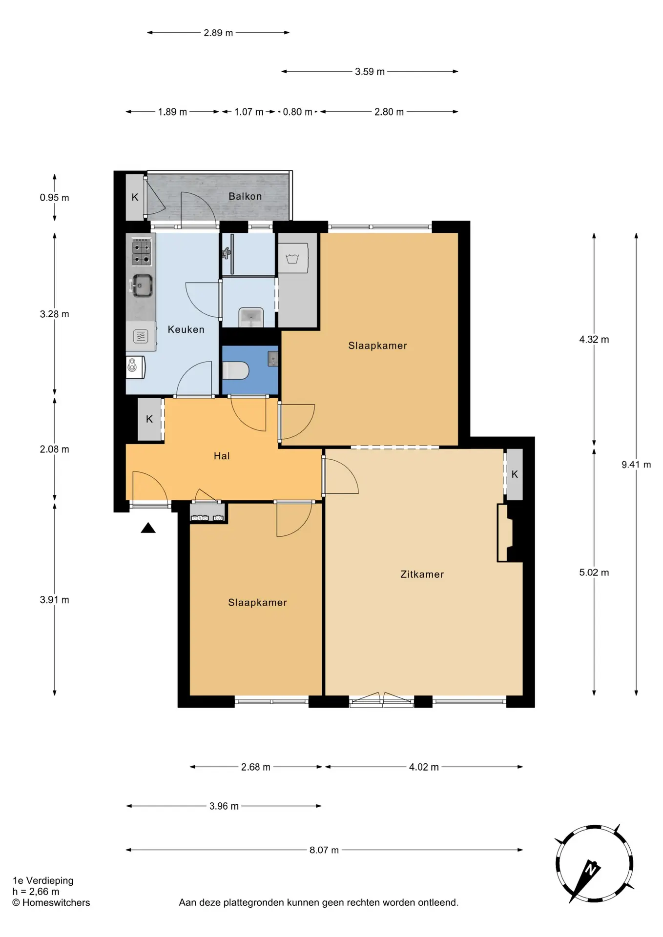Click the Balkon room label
pyautogui.click(x=245, y=196)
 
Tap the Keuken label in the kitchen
pyautogui.click(x=186, y=329)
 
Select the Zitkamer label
pyautogui.click(x=422, y=574)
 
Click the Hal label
pyautogui.click(x=222, y=456)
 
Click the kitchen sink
pyautogui.click(x=142, y=285)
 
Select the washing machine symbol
pyautogui.click(x=292, y=258)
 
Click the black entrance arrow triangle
pyautogui.click(x=148, y=528)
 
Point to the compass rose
pyautogui.click(x=594, y=864)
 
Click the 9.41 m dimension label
pyautogui.click(x=636, y=465)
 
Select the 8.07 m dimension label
pyautogui.click(x=324, y=850)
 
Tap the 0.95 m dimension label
pyautogui.click(x=54, y=198)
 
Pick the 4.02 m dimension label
pyautogui.click(x=424, y=767)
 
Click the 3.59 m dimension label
pyautogui.click(x=370, y=72)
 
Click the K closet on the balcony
pyautogui.click(x=135, y=197)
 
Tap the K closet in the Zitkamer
pyautogui.click(x=515, y=474)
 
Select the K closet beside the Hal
pyautogui.click(x=149, y=419)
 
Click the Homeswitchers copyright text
pyautogui.click(x=51, y=902)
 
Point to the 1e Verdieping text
pyautogui.click(x=43, y=880)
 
